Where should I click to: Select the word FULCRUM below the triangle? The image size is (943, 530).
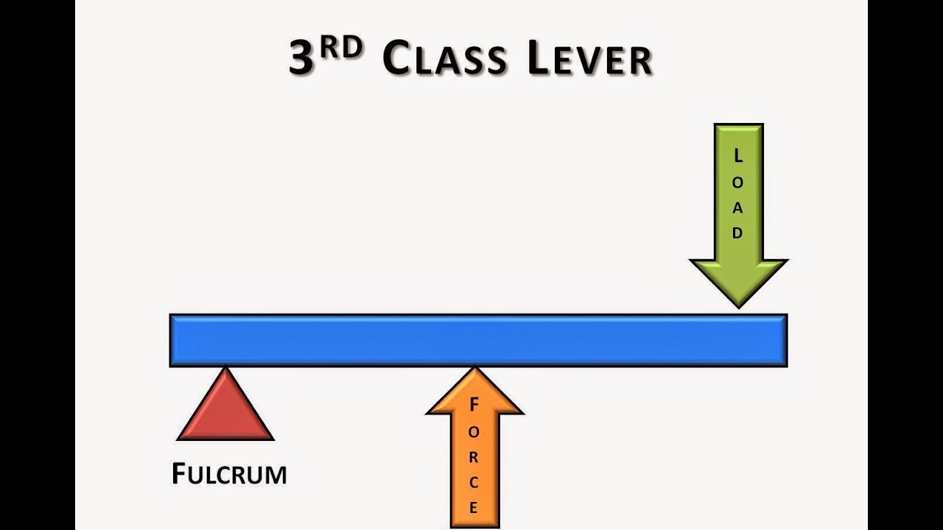[x=228, y=474]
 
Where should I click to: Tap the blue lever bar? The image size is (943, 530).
[x=478, y=340]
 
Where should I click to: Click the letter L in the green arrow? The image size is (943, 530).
[x=738, y=155]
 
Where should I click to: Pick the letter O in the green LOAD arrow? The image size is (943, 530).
[x=738, y=181]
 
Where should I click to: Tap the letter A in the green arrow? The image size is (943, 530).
[x=738, y=207]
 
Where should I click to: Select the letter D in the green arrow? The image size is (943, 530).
[x=738, y=233]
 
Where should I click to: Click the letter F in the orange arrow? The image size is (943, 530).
[x=474, y=404]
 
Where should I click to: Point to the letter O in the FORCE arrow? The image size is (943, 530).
[x=474, y=430]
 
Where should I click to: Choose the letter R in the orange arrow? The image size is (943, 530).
[x=474, y=456]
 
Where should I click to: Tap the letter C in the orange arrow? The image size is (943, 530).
[x=474, y=482]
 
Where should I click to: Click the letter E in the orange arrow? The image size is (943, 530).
[x=474, y=507]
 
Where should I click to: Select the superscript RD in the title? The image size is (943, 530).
[x=342, y=47]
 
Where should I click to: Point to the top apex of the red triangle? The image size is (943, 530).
[x=225, y=370]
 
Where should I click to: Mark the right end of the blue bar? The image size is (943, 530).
[x=785, y=340]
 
